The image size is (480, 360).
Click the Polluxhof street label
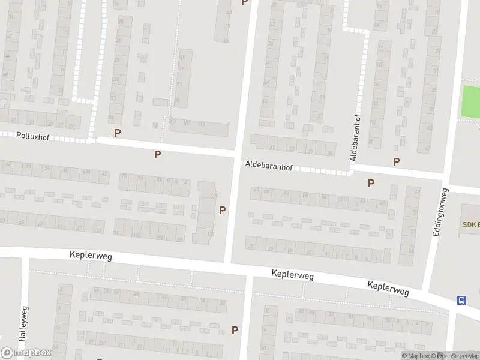(x=33, y=137)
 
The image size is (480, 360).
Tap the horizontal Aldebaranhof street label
(x=268, y=165)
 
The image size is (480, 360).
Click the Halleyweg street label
(x=23, y=324)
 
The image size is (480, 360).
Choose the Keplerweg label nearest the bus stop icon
(x=388, y=289)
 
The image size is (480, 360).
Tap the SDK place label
(x=470, y=224)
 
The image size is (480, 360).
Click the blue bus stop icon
(x=462, y=301)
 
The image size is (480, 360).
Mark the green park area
(x=470, y=101)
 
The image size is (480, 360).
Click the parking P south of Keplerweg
(x=235, y=329)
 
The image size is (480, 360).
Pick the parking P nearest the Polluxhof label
(x=117, y=133)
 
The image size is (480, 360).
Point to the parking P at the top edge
(x=244, y=2)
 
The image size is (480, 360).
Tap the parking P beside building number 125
(x=222, y=210)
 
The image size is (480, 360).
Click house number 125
(x=214, y=196)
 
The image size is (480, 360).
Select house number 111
(x=201, y=124)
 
